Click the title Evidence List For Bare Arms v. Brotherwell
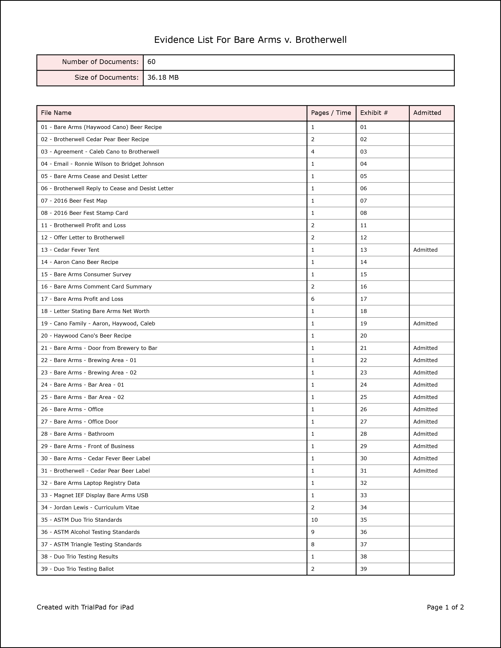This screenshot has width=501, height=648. (250, 40)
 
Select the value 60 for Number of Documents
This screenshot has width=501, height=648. (151, 62)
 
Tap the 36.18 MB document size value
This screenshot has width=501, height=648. (163, 77)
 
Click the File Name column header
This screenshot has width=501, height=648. (56, 113)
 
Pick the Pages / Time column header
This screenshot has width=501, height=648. (331, 113)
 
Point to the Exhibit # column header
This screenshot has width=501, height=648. (374, 113)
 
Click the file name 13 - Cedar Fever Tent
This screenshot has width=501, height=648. (70, 250)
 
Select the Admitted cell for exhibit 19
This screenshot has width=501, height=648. (425, 323)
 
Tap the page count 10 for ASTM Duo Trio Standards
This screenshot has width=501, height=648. (314, 520)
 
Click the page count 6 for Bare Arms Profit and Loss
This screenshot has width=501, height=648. (313, 299)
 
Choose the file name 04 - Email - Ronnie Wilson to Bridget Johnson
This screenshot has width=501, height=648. (102, 164)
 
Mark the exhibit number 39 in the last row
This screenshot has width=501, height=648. (364, 569)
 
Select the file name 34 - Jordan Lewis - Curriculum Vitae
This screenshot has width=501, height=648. (90, 507)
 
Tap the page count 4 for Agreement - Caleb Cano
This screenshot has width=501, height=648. (313, 152)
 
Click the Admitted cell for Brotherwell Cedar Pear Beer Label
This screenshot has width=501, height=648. (425, 470)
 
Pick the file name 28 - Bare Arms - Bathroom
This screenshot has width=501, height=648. (77, 434)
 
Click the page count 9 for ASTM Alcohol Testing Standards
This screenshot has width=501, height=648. (313, 532)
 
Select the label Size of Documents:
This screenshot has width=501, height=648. (106, 77)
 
